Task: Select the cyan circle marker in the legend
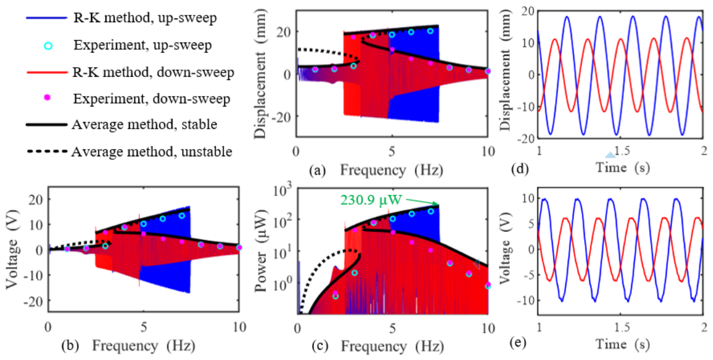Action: tap(49, 46)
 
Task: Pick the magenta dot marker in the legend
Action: tap(49, 98)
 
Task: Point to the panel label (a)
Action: tap(317, 171)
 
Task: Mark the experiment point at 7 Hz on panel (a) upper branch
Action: tap(430, 31)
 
